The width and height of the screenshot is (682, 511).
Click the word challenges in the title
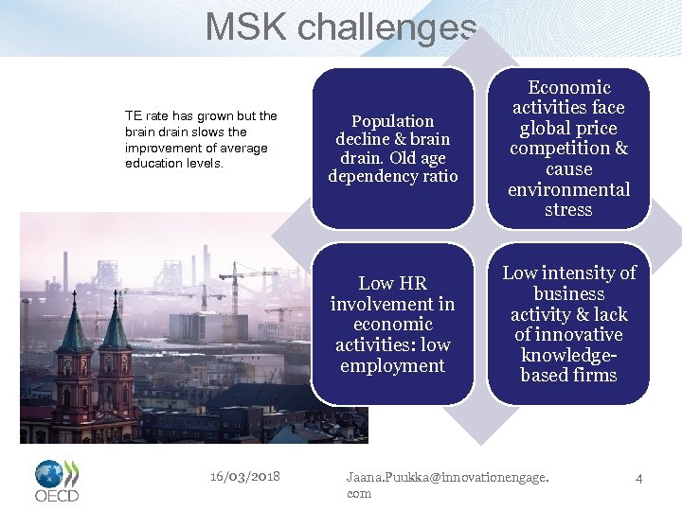[x=387, y=26]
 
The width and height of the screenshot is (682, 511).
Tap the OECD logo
[x=57, y=481]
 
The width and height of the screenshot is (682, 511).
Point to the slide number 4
[x=638, y=478]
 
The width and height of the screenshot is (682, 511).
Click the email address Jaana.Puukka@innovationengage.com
[x=447, y=485]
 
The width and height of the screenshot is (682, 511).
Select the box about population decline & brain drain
[x=393, y=149]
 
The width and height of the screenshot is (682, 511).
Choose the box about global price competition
[x=568, y=149]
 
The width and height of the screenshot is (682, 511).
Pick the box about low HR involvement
[x=393, y=324]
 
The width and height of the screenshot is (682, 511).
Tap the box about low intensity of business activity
[x=568, y=324]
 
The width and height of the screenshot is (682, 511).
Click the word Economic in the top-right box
[x=568, y=87]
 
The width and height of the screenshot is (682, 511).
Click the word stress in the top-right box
[x=568, y=210]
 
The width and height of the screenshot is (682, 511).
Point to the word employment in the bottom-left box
[x=392, y=365]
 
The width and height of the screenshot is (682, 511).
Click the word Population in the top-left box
[x=392, y=121]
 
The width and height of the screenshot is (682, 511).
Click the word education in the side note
[x=153, y=164]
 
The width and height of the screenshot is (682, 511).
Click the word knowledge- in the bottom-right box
[x=568, y=355]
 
